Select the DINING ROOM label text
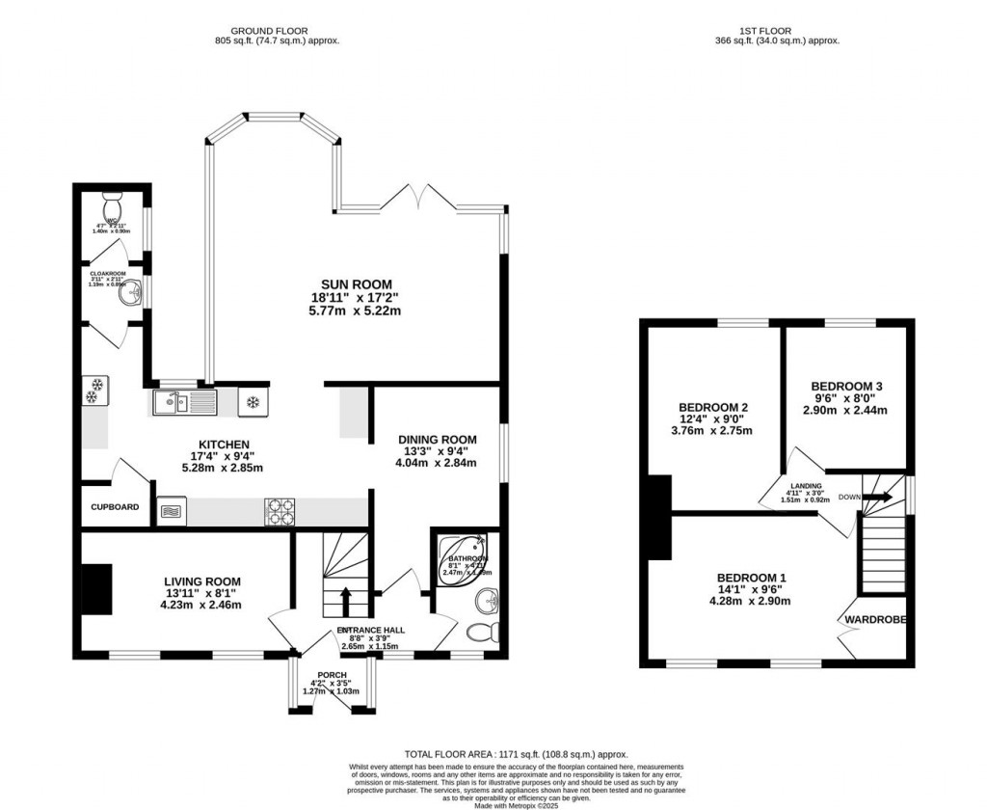pos(437,439)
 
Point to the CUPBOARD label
pos(116,507)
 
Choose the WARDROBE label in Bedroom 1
pos(876,619)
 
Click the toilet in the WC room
pos(113,206)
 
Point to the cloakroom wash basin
pos(129,297)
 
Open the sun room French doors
pos(417,200)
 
